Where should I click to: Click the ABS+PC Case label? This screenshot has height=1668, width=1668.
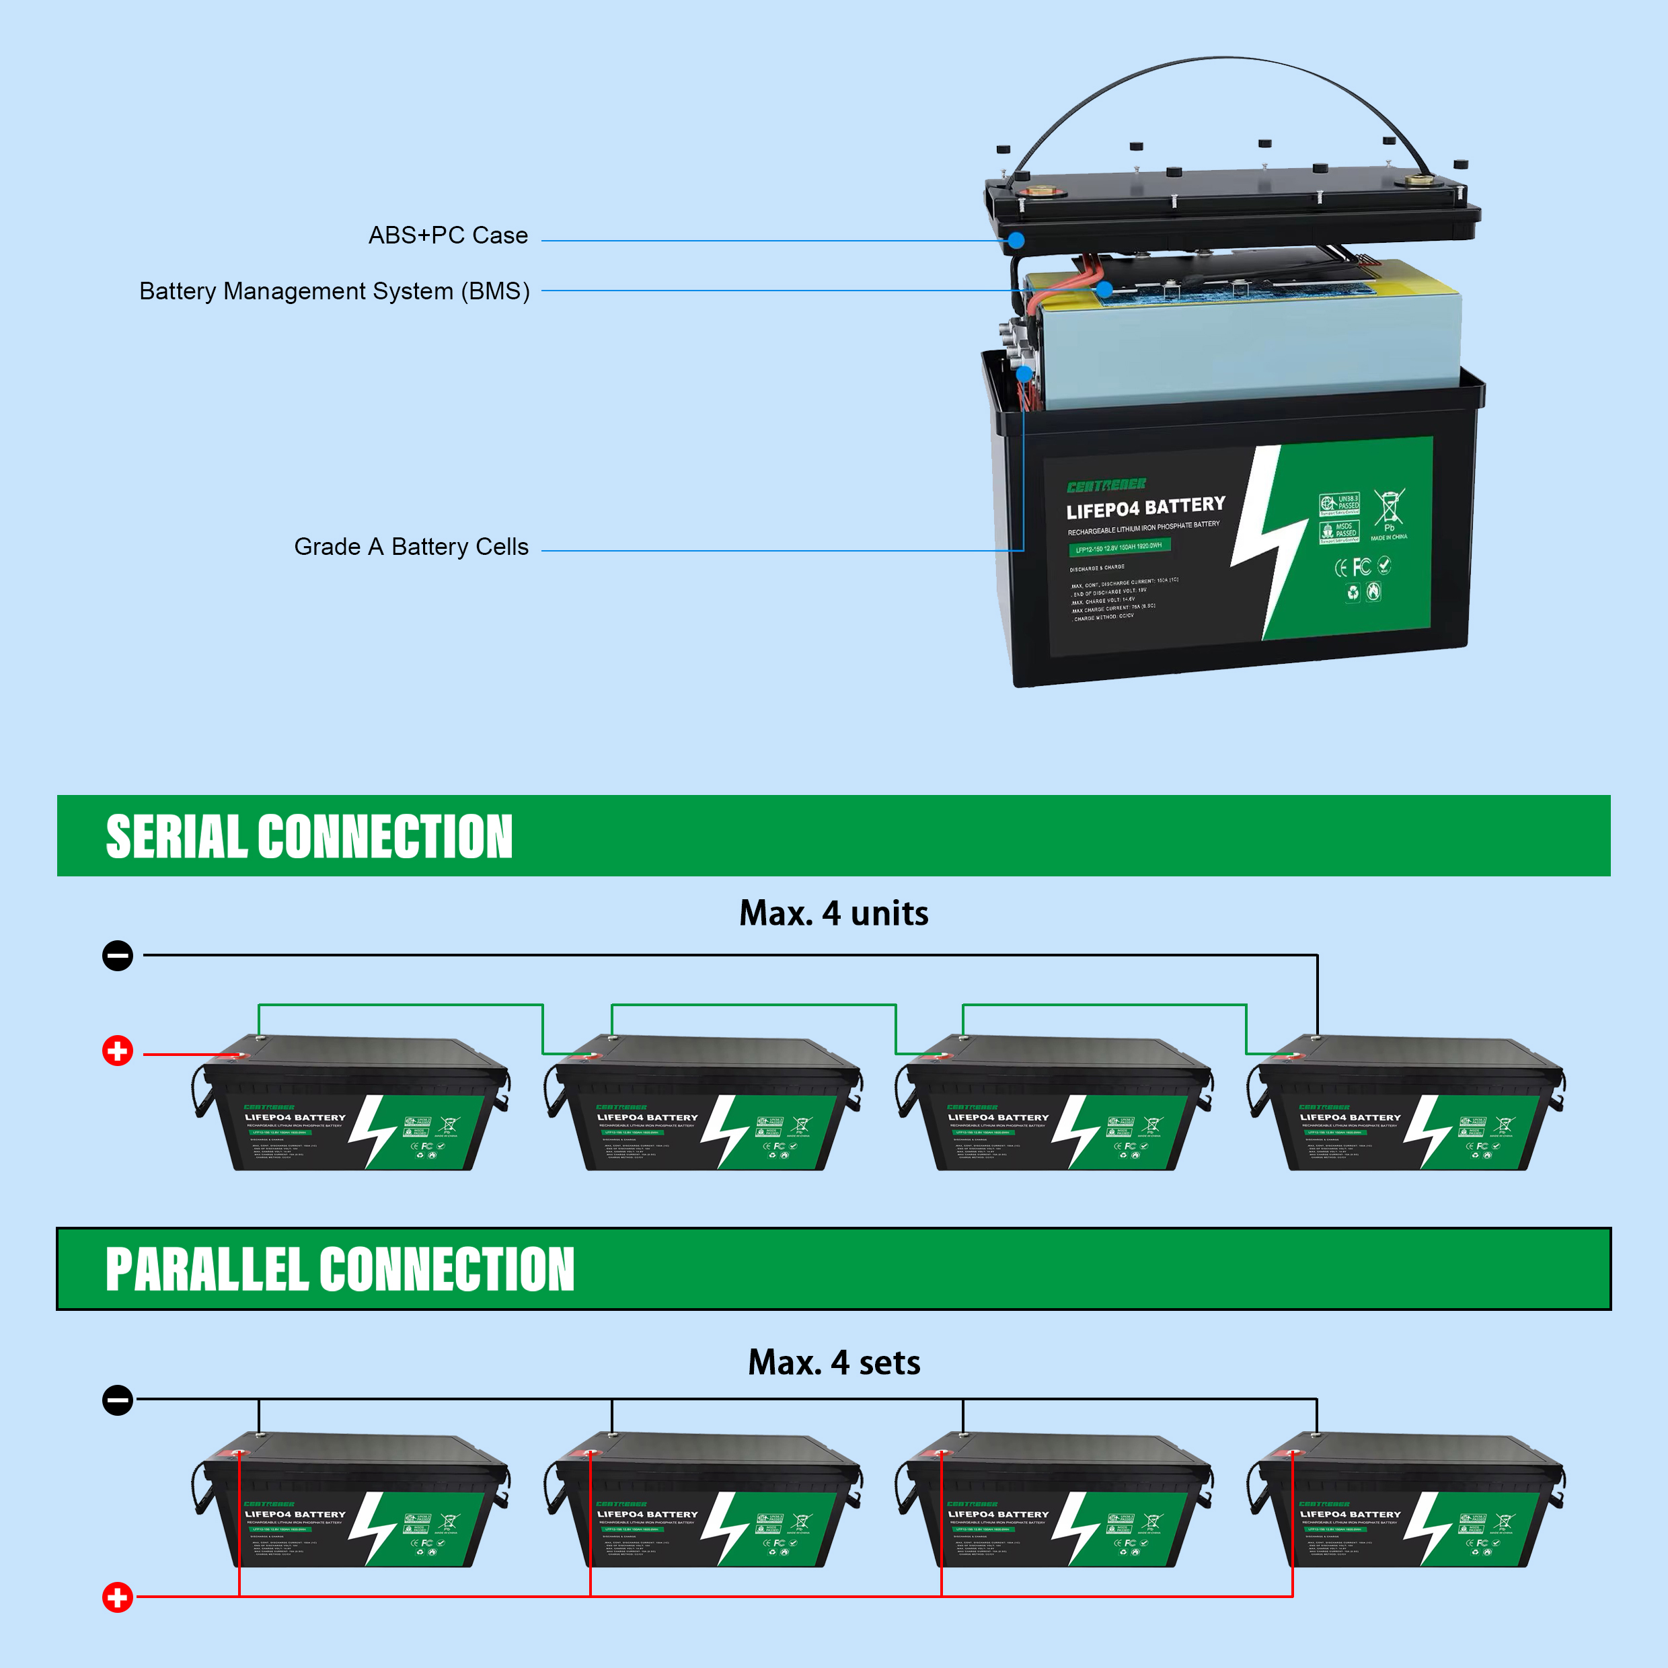coord(447,235)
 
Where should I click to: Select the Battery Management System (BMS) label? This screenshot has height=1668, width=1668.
coord(334,291)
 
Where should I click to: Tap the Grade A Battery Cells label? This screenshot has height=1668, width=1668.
coord(411,547)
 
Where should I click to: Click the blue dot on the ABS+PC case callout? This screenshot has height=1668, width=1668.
coord(1016,240)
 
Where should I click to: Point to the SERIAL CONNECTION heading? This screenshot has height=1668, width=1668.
coord(309,837)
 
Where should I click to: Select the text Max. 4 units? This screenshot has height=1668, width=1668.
coord(833,913)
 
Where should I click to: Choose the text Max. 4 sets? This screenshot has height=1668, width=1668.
coord(833,1363)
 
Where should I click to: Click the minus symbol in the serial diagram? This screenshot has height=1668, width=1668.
coord(118,955)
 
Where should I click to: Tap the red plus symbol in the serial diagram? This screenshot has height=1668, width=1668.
coord(118,1051)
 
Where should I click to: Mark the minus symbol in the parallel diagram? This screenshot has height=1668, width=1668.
coord(118,1400)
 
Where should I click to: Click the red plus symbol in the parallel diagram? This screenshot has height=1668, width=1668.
coord(118,1596)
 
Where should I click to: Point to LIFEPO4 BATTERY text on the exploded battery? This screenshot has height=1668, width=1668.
coord(1145,506)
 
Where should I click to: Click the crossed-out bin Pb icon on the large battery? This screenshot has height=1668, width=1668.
coord(1388,508)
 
